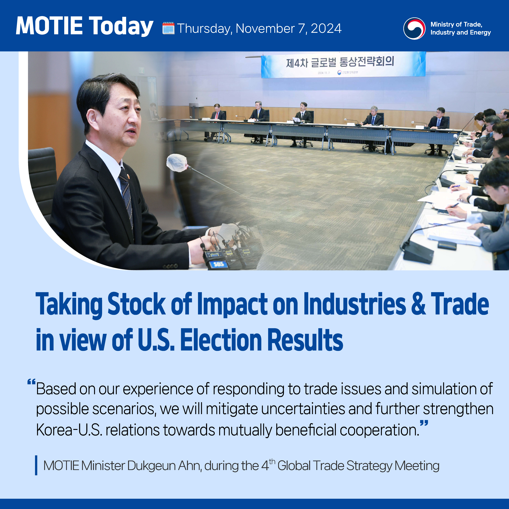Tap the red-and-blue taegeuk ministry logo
pos(414,29)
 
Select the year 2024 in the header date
pos(326,29)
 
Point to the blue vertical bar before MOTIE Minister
pos(36,465)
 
